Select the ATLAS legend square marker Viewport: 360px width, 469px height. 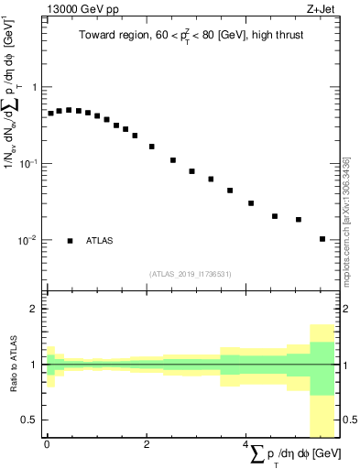point(70,241)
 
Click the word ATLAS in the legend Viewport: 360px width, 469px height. point(100,241)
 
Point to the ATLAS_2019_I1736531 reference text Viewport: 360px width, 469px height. point(191,273)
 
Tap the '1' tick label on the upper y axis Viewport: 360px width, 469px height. point(35,87)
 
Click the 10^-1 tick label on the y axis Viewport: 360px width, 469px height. point(30,163)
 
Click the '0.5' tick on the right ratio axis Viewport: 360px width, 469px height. point(348,420)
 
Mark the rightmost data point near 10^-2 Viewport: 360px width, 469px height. point(322,239)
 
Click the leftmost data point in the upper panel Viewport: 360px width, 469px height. point(51,114)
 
